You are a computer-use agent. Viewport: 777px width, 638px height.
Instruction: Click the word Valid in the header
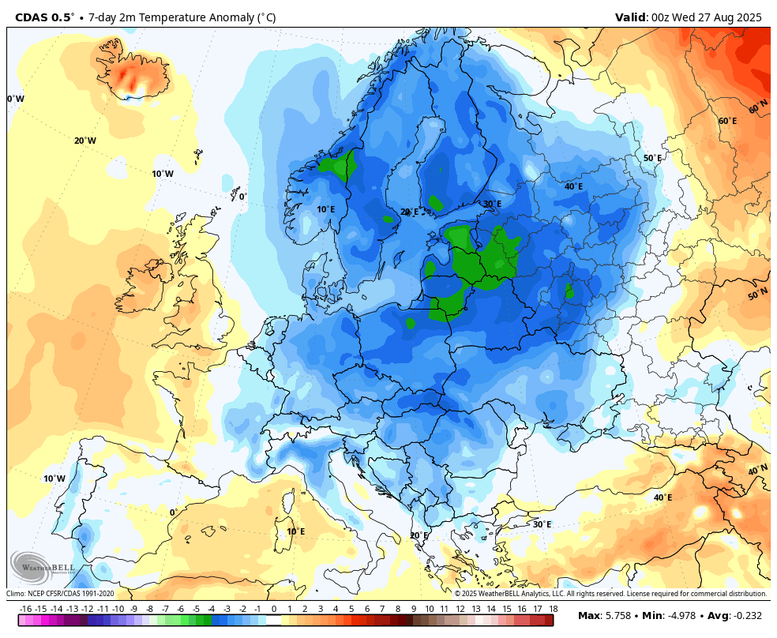(631, 17)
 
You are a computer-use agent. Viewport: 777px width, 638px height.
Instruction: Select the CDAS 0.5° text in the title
(45, 17)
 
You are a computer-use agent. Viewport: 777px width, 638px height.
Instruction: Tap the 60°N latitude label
(758, 107)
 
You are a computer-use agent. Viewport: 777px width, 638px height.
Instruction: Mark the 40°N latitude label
(757, 470)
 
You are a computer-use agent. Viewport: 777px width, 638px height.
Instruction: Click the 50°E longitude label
(652, 158)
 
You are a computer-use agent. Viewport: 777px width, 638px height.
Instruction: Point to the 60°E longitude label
(727, 121)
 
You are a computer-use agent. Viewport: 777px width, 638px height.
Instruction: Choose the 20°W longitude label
(85, 141)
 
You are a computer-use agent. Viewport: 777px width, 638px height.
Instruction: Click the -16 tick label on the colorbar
(25, 609)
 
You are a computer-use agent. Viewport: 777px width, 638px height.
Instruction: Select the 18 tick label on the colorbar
(554, 609)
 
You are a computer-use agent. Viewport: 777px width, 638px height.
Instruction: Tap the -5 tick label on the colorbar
(196, 609)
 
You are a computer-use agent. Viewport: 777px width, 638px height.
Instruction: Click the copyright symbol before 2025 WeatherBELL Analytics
(457, 594)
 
